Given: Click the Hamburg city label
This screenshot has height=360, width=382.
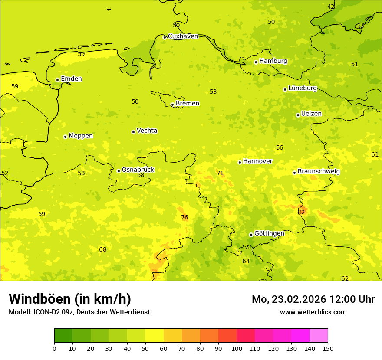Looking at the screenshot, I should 273,61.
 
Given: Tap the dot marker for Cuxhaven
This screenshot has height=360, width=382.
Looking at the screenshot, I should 165,37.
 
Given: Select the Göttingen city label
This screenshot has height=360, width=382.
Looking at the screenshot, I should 269,233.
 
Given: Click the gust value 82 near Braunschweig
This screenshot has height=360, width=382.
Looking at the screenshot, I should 301,212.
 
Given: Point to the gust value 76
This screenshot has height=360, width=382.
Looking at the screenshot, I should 184,217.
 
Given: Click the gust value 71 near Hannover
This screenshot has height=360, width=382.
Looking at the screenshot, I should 220,173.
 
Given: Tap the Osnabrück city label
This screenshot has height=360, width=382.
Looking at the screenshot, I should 138,170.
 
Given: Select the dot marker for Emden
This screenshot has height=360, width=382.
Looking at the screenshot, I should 57,80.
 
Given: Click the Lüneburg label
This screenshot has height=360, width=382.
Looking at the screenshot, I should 302,88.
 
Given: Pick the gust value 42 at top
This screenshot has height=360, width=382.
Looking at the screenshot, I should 331,7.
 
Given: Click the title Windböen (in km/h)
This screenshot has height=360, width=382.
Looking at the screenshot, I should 70,299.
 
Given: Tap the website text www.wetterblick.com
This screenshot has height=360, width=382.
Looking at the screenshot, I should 313,312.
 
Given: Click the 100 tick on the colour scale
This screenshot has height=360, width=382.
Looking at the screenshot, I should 237,348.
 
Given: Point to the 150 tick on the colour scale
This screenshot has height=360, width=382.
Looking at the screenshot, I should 328,348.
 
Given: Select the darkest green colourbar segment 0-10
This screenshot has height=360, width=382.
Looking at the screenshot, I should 63,336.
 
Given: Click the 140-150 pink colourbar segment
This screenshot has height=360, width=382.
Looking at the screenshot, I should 319,336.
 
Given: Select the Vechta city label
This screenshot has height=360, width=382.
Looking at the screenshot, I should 147,131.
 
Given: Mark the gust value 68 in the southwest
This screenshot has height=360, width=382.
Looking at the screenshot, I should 102,249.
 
